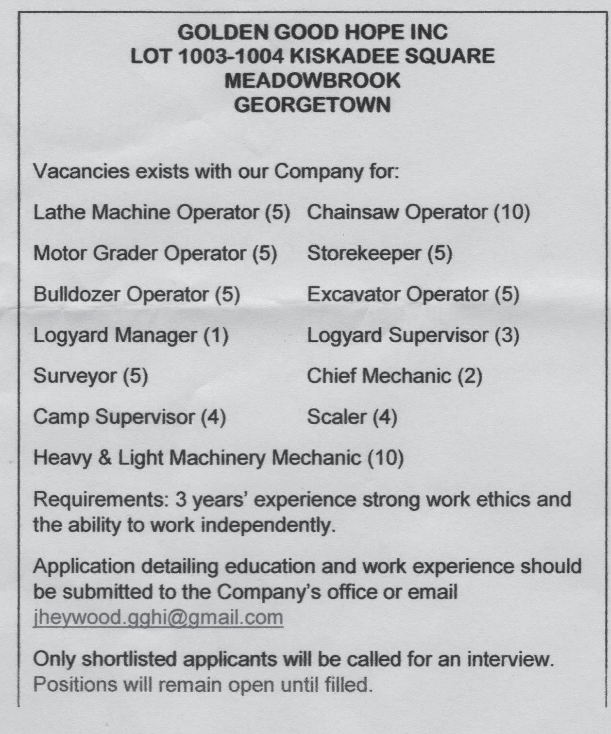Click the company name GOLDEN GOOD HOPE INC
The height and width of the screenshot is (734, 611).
click(x=312, y=33)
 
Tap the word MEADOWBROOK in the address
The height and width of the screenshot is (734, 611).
click(x=312, y=81)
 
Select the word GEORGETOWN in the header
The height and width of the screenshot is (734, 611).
click(x=312, y=105)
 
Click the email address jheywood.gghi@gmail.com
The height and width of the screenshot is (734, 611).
click(x=158, y=617)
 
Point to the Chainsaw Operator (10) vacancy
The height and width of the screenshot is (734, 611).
click(x=418, y=212)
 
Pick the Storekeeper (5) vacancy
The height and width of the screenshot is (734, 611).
click(x=379, y=253)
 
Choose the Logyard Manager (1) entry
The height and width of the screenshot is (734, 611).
click(x=131, y=335)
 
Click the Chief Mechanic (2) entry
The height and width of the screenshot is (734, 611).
click(x=394, y=376)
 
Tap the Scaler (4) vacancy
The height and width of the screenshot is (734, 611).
click(x=352, y=417)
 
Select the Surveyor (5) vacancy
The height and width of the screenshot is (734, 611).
click(x=90, y=376)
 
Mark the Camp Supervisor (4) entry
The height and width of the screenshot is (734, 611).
click(x=129, y=417)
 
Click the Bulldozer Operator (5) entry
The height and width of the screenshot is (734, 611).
click(x=136, y=294)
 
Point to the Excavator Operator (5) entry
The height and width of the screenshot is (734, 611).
click(x=413, y=294)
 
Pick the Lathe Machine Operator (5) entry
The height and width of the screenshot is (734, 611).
click(x=161, y=212)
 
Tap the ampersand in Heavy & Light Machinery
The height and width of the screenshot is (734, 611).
click(x=104, y=458)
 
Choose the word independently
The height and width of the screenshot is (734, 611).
click(x=268, y=525)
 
